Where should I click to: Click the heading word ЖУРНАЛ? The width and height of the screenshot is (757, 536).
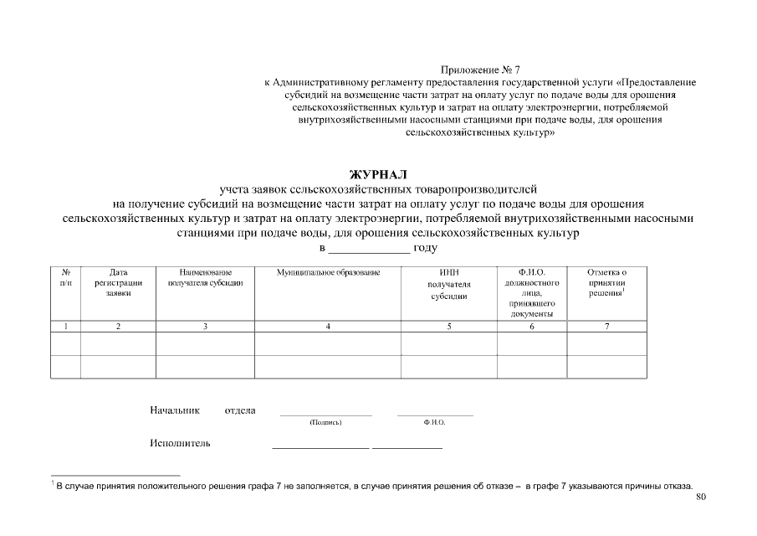[378, 174]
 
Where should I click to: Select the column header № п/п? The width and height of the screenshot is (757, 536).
[65, 278]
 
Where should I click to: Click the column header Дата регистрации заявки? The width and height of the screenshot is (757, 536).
[118, 283]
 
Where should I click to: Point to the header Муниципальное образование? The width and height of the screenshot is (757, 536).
[328, 273]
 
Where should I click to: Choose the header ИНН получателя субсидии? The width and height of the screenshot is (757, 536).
[449, 284]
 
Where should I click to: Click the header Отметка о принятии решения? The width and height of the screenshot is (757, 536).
[606, 283]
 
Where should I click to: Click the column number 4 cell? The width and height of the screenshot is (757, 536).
[328, 326]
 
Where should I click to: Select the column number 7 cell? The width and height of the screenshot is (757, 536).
[606, 326]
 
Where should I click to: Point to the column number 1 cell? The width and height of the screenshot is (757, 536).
[65, 326]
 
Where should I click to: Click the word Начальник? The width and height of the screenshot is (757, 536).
[175, 410]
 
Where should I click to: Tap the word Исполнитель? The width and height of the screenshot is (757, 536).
[180, 443]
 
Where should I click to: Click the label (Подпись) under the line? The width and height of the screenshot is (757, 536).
[325, 423]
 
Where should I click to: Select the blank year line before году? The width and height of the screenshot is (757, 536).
[368, 249]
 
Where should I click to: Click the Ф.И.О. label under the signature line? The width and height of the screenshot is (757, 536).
[435, 423]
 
